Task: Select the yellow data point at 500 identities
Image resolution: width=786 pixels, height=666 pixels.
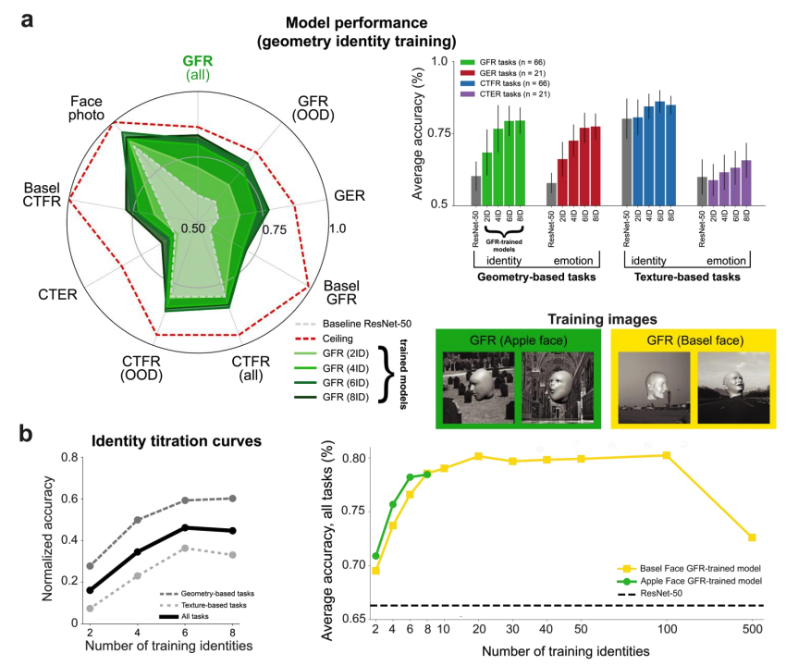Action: [x=753, y=537]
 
